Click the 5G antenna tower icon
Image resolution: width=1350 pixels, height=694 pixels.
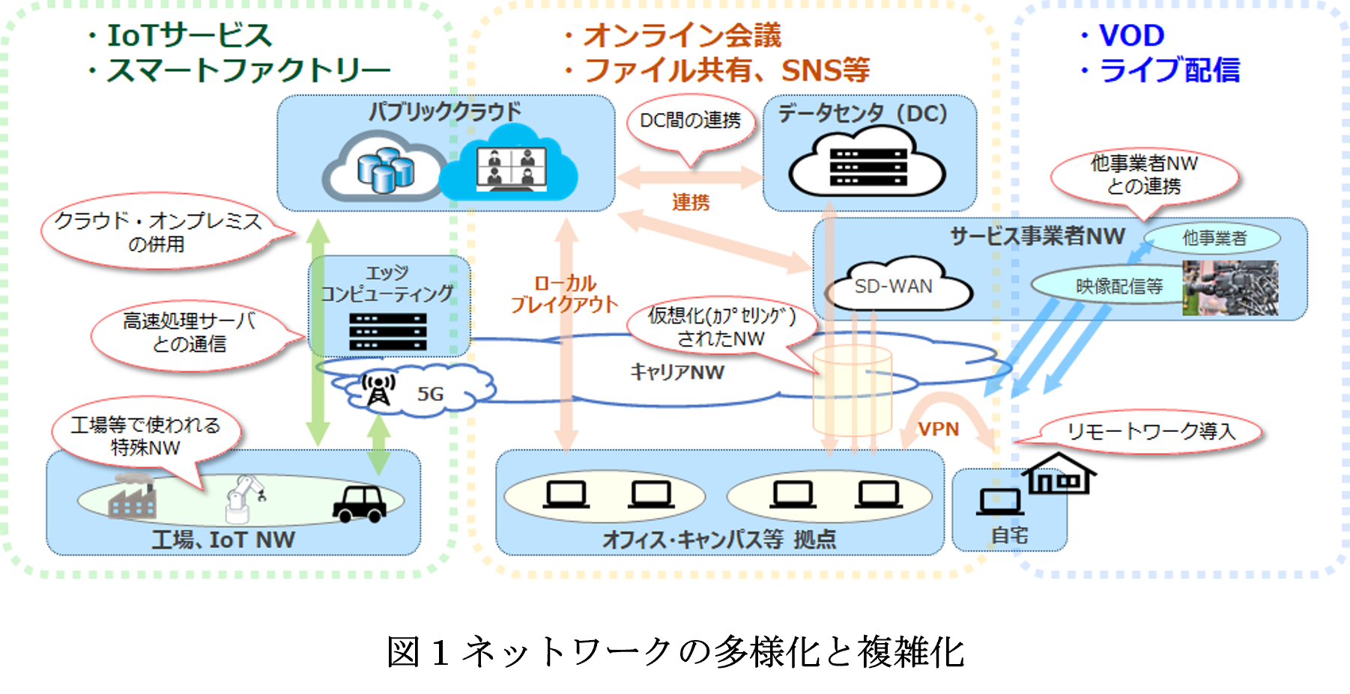(378, 389)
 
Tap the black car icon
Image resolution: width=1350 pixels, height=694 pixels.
(360, 503)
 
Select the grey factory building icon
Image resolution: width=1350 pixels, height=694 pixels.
(132, 499)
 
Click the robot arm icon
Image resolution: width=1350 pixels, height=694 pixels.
(243, 499)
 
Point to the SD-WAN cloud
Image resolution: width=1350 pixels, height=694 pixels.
(895, 286)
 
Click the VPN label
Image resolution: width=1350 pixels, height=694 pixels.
(938, 429)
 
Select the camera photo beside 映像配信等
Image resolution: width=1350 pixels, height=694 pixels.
(1230, 287)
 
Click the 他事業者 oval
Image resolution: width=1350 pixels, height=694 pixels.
(1214, 238)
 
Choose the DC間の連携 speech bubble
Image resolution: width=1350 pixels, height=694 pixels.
(690, 121)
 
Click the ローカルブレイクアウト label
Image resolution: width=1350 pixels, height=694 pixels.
(564, 293)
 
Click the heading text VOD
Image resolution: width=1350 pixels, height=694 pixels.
(1131, 35)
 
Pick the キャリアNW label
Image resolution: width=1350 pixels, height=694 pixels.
(677, 372)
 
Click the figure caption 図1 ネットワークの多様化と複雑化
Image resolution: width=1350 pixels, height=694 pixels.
(675, 651)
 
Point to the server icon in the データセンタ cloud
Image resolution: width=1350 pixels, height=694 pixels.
(868, 166)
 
